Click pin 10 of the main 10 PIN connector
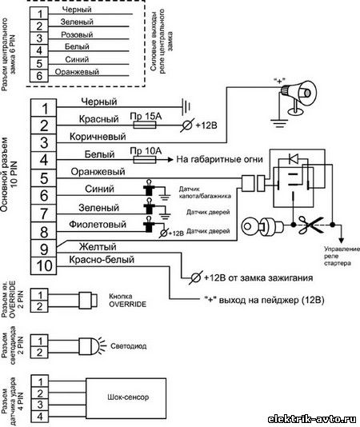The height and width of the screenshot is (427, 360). (x=44, y=265)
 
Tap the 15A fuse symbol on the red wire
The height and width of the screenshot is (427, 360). (x=145, y=125)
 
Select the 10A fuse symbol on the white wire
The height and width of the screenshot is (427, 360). (x=145, y=160)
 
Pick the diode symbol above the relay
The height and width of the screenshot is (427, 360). (x=294, y=158)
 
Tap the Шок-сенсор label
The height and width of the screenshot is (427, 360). (x=128, y=397)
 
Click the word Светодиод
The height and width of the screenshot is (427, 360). (x=128, y=346)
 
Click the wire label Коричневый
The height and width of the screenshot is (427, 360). (x=98, y=136)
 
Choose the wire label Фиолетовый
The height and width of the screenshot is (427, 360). (x=98, y=225)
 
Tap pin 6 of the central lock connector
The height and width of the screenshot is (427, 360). (x=39, y=75)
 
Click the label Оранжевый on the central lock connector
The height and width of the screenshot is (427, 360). (x=77, y=72)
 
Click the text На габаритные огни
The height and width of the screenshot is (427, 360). (x=219, y=159)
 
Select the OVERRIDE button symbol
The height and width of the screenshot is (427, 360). (x=88, y=301)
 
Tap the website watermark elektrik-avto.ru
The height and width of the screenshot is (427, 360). (x=312, y=419)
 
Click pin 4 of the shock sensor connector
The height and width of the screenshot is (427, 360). (x=40, y=417)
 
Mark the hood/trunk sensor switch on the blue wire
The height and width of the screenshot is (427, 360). (x=149, y=188)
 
